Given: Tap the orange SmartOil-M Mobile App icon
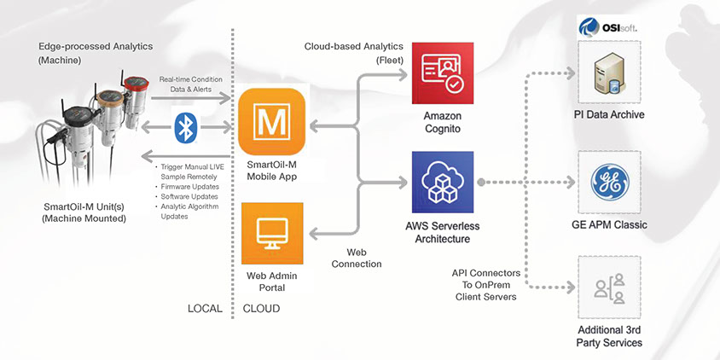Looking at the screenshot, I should [x=272, y=121].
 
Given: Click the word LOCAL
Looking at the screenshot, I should [x=206, y=309].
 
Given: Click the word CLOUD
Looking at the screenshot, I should [x=262, y=309].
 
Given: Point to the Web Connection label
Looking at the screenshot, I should [x=358, y=258].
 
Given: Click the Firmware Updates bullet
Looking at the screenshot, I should [x=190, y=186].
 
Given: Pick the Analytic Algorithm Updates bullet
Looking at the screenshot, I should [x=189, y=212].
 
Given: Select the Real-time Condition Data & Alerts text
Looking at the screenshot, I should [x=190, y=84].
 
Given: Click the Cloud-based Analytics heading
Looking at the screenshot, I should [x=355, y=52].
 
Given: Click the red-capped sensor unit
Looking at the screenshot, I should [x=134, y=93].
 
